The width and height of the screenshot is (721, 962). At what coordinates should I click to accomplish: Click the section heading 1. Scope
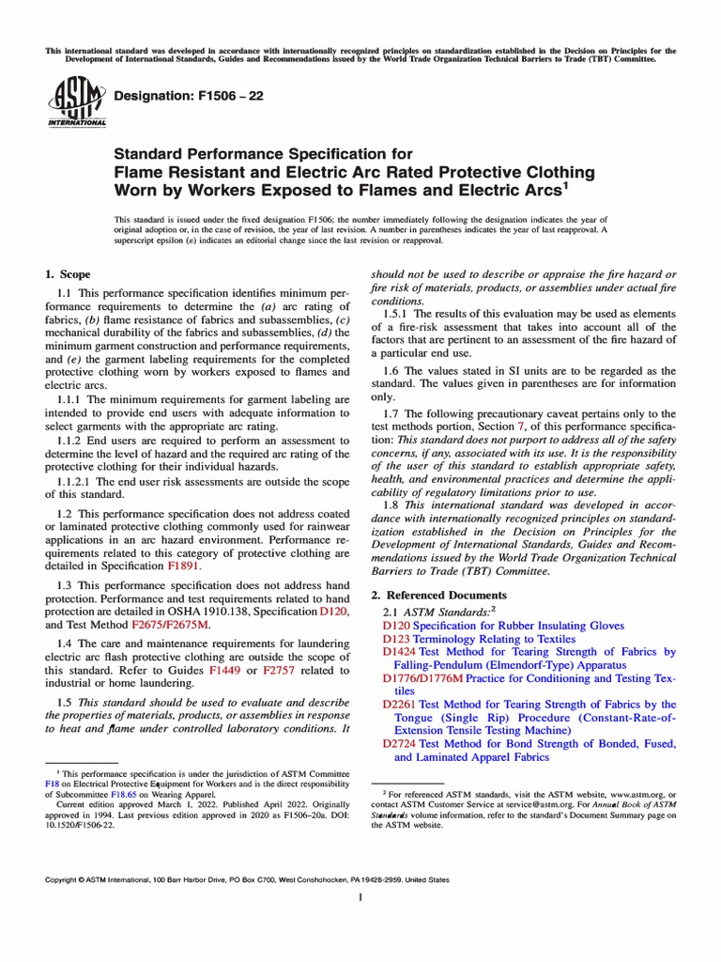[69, 274]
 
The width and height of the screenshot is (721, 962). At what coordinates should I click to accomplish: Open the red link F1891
[184, 567]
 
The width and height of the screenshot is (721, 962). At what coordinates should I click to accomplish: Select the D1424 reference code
[400, 652]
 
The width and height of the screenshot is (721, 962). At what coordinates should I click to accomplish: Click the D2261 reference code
[400, 705]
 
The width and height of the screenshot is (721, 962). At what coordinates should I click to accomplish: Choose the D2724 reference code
[400, 744]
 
